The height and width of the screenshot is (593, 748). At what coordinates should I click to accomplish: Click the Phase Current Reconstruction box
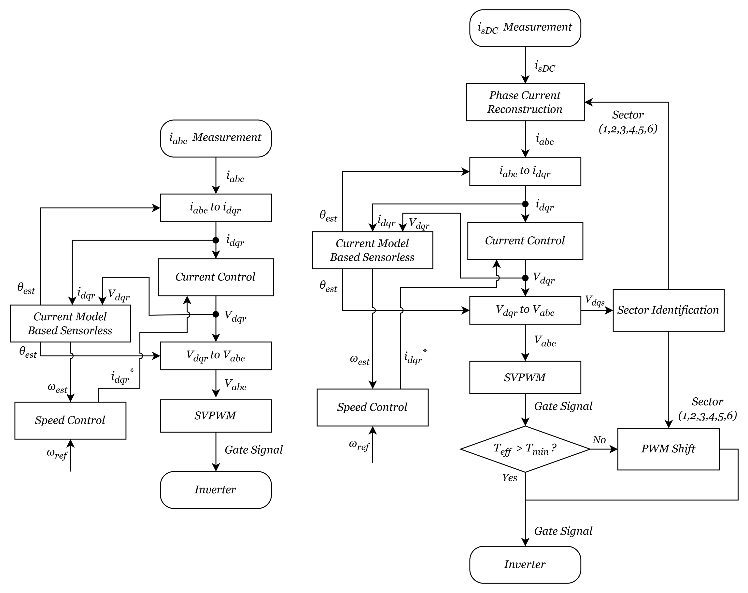(525, 102)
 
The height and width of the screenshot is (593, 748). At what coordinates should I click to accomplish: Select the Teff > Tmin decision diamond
(525, 449)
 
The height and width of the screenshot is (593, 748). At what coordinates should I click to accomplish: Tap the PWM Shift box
(668, 449)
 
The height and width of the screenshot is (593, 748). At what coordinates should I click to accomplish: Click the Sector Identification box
(668, 310)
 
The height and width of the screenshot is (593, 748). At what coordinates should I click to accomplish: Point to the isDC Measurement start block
(525, 28)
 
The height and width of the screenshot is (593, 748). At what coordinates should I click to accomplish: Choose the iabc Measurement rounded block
(216, 138)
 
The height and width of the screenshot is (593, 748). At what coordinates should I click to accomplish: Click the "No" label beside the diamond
(599, 440)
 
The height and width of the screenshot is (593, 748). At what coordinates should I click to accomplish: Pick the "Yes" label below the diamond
(509, 478)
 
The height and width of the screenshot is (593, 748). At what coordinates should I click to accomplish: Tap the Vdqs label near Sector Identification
(595, 300)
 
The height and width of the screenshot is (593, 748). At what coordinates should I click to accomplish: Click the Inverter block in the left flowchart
(216, 490)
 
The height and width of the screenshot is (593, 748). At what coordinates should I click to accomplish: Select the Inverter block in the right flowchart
(525, 565)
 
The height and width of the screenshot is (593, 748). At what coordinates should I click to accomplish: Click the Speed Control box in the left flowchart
(70, 420)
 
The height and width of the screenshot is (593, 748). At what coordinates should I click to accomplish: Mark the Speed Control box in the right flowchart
(372, 407)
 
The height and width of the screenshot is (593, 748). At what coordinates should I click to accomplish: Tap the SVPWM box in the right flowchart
(525, 377)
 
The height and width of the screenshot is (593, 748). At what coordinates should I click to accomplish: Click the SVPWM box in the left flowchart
(216, 415)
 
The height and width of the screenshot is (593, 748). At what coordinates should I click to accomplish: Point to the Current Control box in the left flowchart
(216, 277)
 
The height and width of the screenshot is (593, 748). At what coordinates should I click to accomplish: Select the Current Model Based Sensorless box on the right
(372, 250)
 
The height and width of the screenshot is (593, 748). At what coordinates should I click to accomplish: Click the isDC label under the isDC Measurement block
(545, 66)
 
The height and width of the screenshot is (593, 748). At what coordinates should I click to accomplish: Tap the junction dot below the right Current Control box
(525, 278)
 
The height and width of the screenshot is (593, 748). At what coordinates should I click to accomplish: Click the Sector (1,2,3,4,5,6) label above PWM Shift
(707, 408)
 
